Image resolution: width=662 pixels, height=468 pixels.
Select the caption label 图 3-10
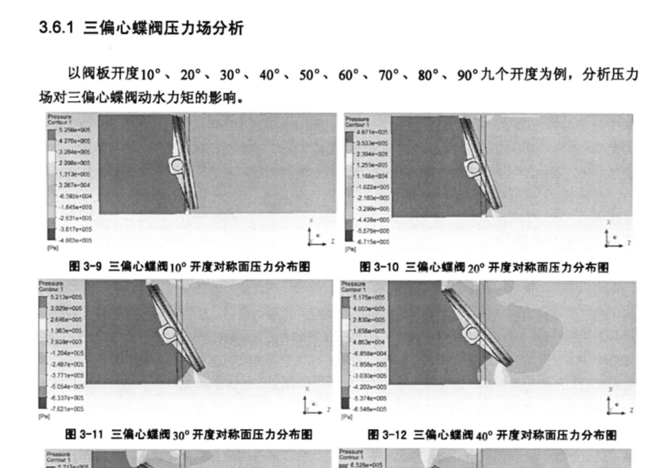pyautogui.click(x=380, y=267)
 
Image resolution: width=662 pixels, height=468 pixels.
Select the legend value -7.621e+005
pyautogui.click(x=67, y=408)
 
